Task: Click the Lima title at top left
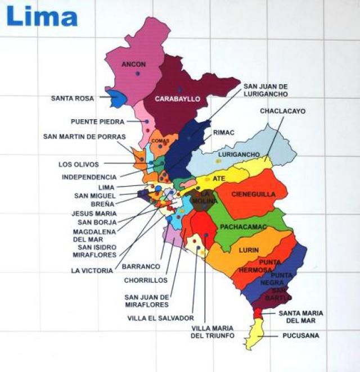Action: pyautogui.click(x=42, y=16)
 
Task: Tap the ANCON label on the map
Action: pyautogui.click(x=133, y=65)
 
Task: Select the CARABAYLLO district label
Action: pyautogui.click(x=177, y=99)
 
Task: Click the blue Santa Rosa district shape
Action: pyautogui.click(x=117, y=98)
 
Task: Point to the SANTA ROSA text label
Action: pyautogui.click(x=72, y=98)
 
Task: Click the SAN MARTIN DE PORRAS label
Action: pyautogui.click(x=84, y=137)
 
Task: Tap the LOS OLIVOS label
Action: pyautogui.click(x=79, y=165)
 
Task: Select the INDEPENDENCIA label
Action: pyautogui.click(x=89, y=177)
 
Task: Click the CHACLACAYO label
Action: pyautogui.click(x=282, y=111)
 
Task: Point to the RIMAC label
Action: pyautogui.click(x=223, y=133)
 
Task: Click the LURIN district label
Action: pyautogui.click(x=249, y=249)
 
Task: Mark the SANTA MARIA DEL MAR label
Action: pyautogui.click(x=296, y=317)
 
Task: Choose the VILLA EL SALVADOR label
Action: pyautogui.click(x=160, y=318)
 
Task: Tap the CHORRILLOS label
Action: pyautogui.click(x=146, y=279)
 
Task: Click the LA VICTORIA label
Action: pyautogui.click(x=92, y=270)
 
